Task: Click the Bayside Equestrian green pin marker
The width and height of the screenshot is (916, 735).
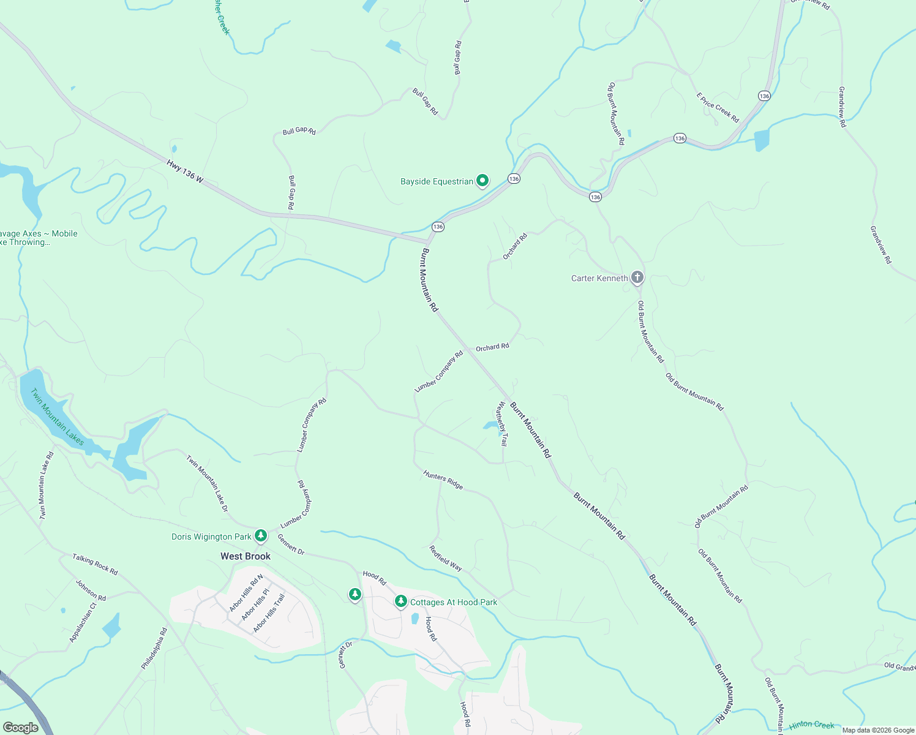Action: coord(482,181)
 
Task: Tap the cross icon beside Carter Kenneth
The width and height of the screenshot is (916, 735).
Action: coord(637,278)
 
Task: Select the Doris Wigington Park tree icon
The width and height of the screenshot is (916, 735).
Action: coord(261,536)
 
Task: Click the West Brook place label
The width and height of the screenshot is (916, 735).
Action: coord(246,556)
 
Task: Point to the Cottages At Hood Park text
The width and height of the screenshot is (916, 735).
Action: coord(454,602)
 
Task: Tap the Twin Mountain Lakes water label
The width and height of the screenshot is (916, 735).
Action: coord(58,417)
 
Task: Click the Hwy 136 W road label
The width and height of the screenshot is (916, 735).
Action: coord(184,170)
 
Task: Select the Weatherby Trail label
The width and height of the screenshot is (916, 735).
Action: coord(502,423)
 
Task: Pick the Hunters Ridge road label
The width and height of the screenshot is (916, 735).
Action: coord(443,479)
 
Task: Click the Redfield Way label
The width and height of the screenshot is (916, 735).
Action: coord(446,558)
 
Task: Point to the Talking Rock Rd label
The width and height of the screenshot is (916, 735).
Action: coord(95,564)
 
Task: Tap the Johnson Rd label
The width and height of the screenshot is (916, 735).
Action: coord(91,590)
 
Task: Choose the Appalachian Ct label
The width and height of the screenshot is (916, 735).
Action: coord(83,622)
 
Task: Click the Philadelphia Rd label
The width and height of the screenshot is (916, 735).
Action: coord(154,649)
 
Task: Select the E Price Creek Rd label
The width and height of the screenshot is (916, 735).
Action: coord(718,107)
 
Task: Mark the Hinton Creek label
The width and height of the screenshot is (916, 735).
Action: coord(811,725)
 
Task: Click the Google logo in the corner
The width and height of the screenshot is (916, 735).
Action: coord(20,727)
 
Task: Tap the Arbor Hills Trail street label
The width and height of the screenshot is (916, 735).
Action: coord(269,612)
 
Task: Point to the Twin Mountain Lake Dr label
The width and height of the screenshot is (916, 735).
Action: coord(207,483)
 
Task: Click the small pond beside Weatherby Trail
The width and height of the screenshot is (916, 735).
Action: coord(490,425)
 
